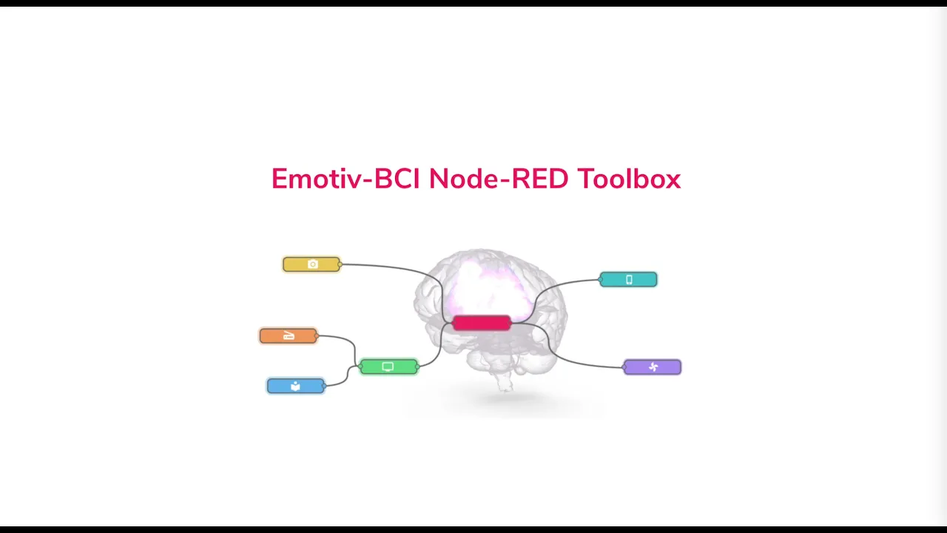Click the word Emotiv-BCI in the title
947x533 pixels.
click(x=346, y=179)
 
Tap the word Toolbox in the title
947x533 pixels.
click(x=628, y=179)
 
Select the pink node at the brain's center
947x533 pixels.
click(x=481, y=323)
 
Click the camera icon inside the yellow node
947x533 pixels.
click(x=312, y=264)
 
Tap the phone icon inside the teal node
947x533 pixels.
click(x=629, y=279)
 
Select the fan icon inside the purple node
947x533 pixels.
click(x=653, y=367)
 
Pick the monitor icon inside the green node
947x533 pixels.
click(x=388, y=366)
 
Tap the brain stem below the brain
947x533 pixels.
click(x=505, y=383)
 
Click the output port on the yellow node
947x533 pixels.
click(x=340, y=264)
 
